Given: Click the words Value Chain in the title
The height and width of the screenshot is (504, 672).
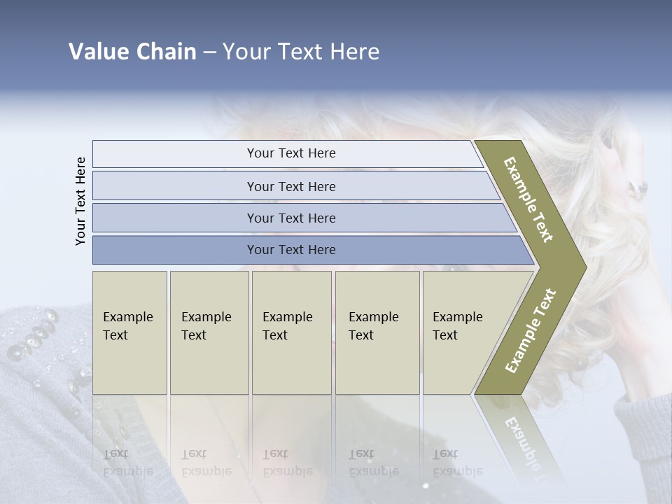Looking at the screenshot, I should click(x=132, y=52).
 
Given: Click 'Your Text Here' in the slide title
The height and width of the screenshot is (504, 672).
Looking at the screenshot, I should click(x=301, y=52).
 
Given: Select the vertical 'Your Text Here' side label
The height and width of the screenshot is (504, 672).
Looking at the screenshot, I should click(x=81, y=202).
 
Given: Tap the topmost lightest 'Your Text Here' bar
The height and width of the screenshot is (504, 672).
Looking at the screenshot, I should click(x=291, y=153).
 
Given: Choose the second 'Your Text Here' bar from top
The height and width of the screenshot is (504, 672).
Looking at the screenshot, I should click(x=291, y=186).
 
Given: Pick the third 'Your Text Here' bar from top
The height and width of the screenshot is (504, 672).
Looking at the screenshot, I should click(x=291, y=218).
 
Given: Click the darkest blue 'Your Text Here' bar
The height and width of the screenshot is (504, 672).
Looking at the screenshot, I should click(x=291, y=250).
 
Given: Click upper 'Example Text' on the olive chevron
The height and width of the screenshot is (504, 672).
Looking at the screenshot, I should click(x=529, y=199).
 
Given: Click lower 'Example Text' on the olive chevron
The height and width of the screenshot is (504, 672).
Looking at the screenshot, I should click(x=531, y=331).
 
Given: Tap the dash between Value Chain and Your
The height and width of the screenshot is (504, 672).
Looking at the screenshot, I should click(x=209, y=52).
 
